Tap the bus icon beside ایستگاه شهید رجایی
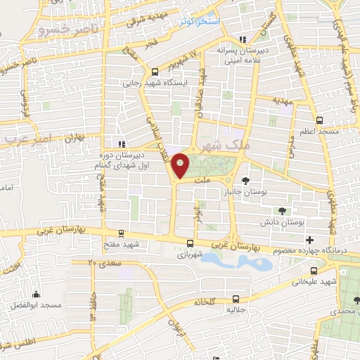click(x=155, y=72)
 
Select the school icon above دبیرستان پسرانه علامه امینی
click(x=243, y=39)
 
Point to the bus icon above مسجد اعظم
click(x=320, y=120)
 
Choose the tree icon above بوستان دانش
click(x=282, y=210)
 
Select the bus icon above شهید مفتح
click(x=122, y=233)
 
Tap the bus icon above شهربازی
click(x=189, y=244)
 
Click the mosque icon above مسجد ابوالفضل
click(x=37, y=295)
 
